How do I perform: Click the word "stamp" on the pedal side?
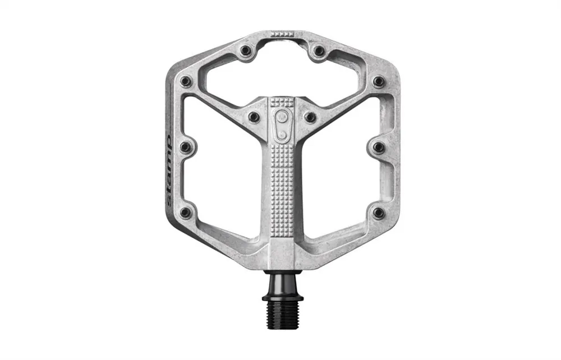(168, 170)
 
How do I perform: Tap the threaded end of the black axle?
(282, 315)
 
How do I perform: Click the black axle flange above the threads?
(282, 297)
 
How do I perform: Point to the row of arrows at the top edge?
(282, 34)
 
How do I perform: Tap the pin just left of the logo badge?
(254, 117)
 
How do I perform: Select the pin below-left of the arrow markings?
(246, 50)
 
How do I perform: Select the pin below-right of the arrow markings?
(319, 50)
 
